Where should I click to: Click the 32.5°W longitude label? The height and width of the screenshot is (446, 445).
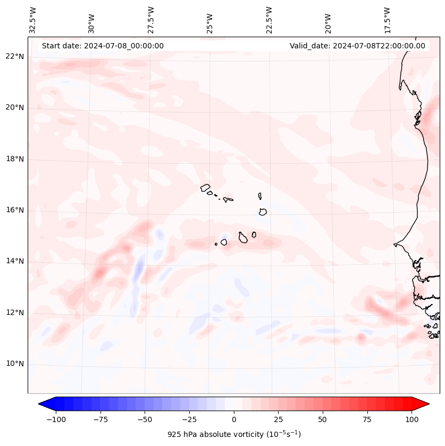(x=33, y=20)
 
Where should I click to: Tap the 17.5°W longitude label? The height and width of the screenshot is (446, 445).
(x=387, y=20)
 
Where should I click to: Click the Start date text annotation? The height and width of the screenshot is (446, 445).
(x=103, y=46)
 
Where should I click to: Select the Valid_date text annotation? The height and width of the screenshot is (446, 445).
(x=357, y=46)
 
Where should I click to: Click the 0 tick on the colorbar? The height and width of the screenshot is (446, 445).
(x=234, y=419)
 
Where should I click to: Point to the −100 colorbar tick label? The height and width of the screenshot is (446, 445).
(x=56, y=419)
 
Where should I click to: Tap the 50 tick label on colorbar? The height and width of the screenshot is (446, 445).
(x=323, y=419)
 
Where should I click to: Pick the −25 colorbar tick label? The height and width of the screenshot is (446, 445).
(x=189, y=419)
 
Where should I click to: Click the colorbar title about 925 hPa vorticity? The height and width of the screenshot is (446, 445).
(x=234, y=434)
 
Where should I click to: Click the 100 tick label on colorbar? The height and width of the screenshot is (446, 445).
(x=412, y=419)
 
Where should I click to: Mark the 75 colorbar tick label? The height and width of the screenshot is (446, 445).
(x=367, y=419)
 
